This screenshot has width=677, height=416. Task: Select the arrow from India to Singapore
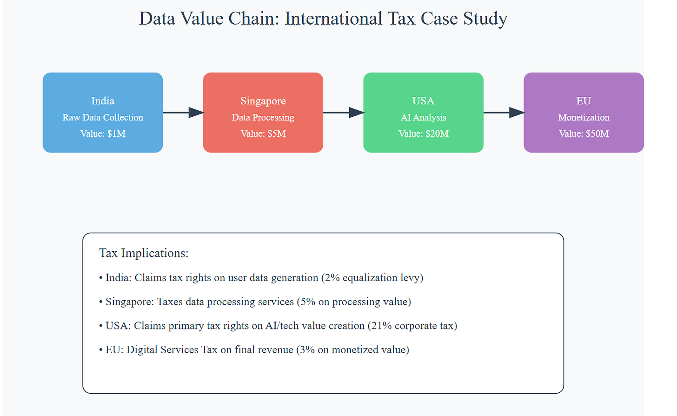point(183,112)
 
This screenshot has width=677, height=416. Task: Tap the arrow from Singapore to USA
point(343,112)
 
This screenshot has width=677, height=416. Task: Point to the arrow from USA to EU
point(504,112)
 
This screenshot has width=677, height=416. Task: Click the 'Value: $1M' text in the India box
point(103,134)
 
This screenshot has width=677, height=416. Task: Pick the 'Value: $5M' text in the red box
point(263,134)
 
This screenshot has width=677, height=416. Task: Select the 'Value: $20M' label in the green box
point(423,134)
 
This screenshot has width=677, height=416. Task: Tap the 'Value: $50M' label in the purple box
point(584,134)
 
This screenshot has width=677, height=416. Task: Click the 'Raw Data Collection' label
point(103,117)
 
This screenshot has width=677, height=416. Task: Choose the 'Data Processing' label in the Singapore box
point(263,117)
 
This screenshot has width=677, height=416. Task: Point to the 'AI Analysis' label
point(423,117)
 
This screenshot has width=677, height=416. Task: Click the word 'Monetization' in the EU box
point(584,117)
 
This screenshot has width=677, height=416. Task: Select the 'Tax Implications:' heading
point(144,253)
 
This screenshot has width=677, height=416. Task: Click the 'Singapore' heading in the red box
point(263,101)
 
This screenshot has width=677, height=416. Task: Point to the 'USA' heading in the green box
point(423,101)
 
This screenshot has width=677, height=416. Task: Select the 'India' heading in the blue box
point(103,101)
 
